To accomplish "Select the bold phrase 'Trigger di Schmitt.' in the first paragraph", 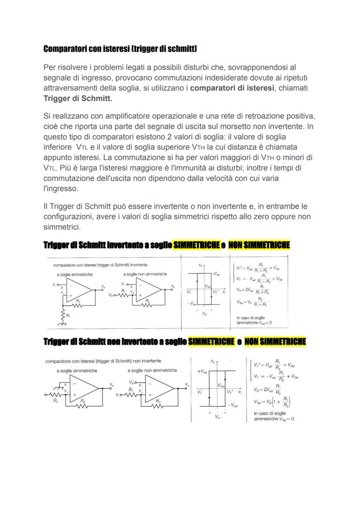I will pyautogui.click(x=78, y=99).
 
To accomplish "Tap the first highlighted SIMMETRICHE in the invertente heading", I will pyautogui.click(x=196, y=246).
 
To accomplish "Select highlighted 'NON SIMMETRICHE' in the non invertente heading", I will pyautogui.click(x=275, y=342).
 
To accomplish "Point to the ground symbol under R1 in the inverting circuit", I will pyautogui.click(x=64, y=324).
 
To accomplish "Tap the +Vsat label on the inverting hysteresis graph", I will pyautogui.click(x=216, y=274).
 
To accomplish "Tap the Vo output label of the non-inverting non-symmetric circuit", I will pyautogui.click(x=187, y=385).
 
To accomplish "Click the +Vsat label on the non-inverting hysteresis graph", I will pyautogui.click(x=201, y=372).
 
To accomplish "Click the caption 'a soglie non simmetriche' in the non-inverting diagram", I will pyautogui.click(x=152, y=370).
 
